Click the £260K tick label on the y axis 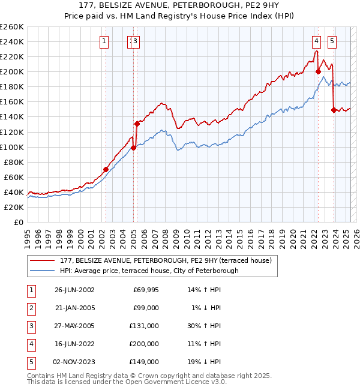[11, 26]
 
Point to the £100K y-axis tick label [11, 147]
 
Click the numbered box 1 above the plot [105, 41]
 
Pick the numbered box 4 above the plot [316, 41]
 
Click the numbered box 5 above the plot [332, 41]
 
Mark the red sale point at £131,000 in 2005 [137, 124]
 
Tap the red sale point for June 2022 [318, 71]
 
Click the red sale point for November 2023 [334, 110]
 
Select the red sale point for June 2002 [106, 169]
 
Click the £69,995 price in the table [146, 290]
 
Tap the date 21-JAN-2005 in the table [74, 308]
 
